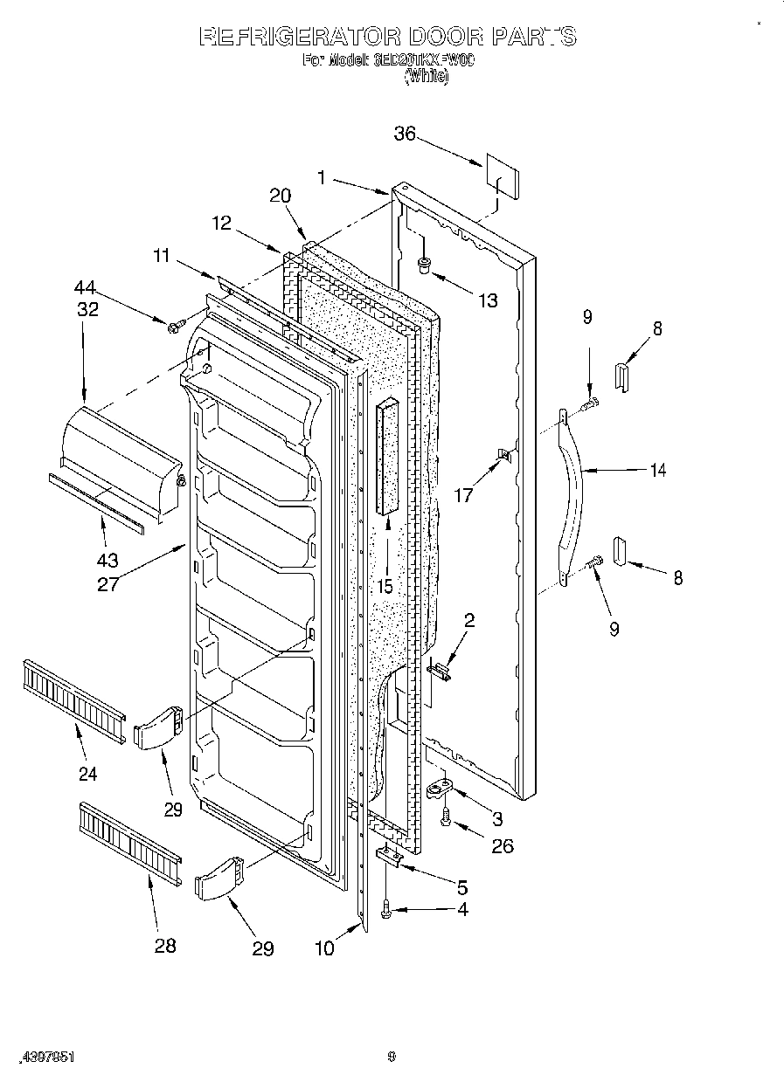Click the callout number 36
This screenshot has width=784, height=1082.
404,134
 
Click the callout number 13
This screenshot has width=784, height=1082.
488,300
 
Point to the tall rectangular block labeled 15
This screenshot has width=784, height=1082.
387,458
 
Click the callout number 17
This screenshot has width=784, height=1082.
463,495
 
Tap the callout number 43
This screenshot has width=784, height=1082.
108,560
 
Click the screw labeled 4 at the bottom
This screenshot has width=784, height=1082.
387,913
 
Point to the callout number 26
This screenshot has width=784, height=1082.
502,844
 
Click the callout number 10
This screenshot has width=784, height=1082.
324,948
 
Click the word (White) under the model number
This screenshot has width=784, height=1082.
426,77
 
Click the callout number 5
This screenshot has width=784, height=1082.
461,886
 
